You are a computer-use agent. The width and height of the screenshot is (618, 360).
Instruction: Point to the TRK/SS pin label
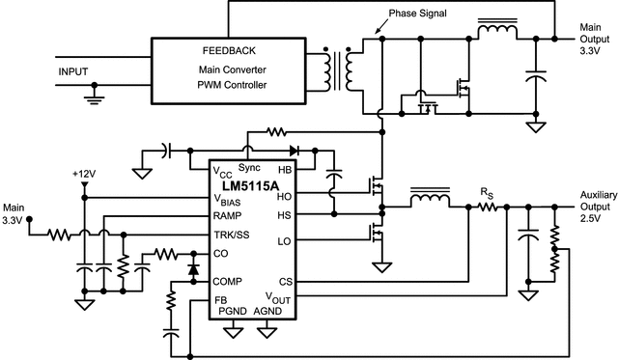pos(232,234)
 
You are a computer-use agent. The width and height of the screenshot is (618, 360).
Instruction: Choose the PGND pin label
pos(233,311)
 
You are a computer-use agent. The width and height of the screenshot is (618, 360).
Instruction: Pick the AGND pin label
pos(267,311)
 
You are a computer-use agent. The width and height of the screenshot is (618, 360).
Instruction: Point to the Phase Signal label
pos(416,16)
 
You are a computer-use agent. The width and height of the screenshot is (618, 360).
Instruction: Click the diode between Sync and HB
pos(293,151)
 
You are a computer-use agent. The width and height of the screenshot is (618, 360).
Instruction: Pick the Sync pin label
pos(249,168)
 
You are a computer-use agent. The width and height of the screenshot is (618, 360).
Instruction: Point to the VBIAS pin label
pos(229,199)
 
